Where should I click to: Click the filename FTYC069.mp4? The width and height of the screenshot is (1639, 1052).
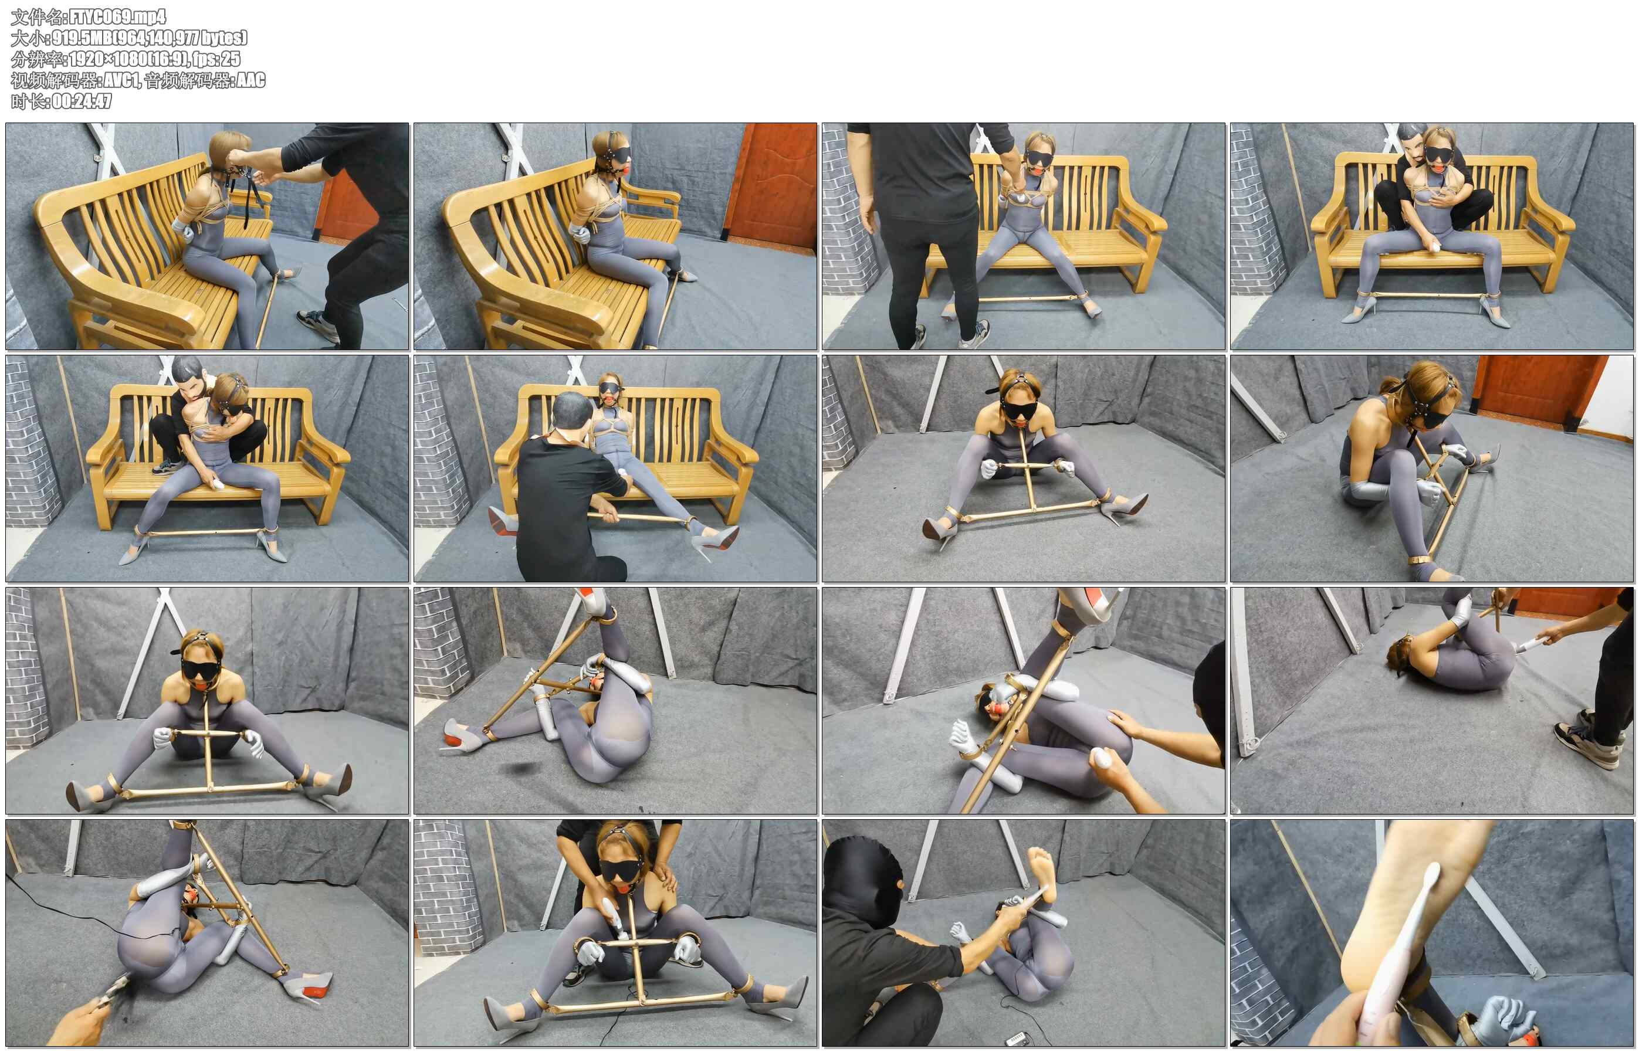coord(117,16)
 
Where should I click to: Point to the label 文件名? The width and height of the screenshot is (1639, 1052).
coord(37,16)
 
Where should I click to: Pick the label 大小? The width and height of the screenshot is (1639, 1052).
coord(28,38)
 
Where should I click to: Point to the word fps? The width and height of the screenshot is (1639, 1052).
coord(204,59)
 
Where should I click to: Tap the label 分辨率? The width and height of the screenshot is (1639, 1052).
coord(37,59)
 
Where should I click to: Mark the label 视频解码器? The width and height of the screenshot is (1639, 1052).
coord(54,80)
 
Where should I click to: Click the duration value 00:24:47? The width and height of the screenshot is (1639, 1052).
coord(82,101)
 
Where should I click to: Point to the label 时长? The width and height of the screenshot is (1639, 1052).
coord(28,101)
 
